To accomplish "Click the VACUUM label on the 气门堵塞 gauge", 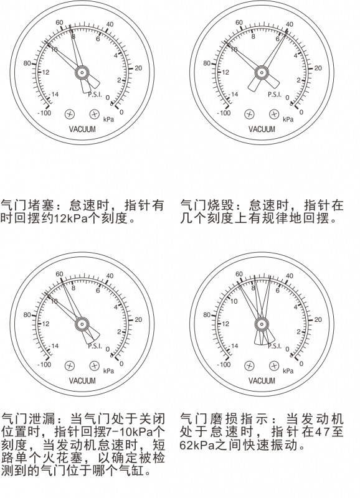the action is [x=82, y=129].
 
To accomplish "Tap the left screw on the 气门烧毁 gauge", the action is [x=249, y=114].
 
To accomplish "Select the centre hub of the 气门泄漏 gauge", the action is [x=82, y=324].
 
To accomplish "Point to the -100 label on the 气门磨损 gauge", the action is [x=224, y=364].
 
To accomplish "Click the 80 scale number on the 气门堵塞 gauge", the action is [x=27, y=63].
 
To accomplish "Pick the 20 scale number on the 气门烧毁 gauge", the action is [x=318, y=68].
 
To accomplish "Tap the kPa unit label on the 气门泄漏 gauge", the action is [x=108, y=371].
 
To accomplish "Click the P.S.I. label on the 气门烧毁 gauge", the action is [x=275, y=95].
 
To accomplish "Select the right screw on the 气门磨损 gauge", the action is [x=274, y=366].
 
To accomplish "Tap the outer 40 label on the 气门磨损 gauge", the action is [x=290, y=276].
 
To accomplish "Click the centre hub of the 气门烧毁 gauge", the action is [x=262, y=73].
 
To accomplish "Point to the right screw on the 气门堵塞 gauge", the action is [x=95, y=114].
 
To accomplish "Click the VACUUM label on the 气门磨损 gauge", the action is [x=262, y=381].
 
